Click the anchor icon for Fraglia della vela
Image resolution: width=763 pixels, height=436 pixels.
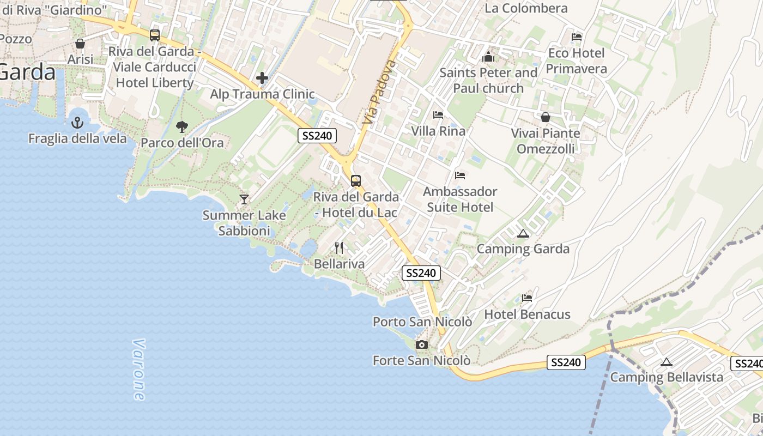click(77, 122)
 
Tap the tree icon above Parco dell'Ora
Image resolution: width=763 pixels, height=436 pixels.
click(182, 127)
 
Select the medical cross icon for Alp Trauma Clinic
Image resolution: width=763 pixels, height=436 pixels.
click(262, 78)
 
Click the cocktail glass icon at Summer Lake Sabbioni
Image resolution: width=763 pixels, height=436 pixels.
click(244, 199)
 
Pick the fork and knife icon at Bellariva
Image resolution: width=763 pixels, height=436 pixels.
click(339, 248)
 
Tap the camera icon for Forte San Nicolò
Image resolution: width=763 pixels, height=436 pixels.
click(421, 344)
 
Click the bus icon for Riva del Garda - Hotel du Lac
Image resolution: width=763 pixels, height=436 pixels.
click(356, 180)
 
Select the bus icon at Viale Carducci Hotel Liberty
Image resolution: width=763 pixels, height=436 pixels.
click(155, 35)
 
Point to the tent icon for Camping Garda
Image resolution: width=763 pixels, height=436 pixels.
click(523, 234)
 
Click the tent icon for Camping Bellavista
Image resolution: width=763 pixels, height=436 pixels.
click(666, 362)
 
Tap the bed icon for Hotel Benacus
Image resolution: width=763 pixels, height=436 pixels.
click(527, 298)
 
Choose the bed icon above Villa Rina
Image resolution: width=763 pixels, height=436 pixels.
click(438, 115)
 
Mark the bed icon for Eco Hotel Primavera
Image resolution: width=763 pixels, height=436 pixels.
click(577, 37)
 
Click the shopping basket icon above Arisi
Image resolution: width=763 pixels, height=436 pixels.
click(80, 44)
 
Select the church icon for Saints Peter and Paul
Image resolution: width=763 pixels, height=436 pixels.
click(488, 57)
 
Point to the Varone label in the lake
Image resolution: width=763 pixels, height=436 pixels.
click(139, 370)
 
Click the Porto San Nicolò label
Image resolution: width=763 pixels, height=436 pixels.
click(422, 322)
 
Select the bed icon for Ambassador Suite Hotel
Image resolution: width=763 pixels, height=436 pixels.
click(460, 175)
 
